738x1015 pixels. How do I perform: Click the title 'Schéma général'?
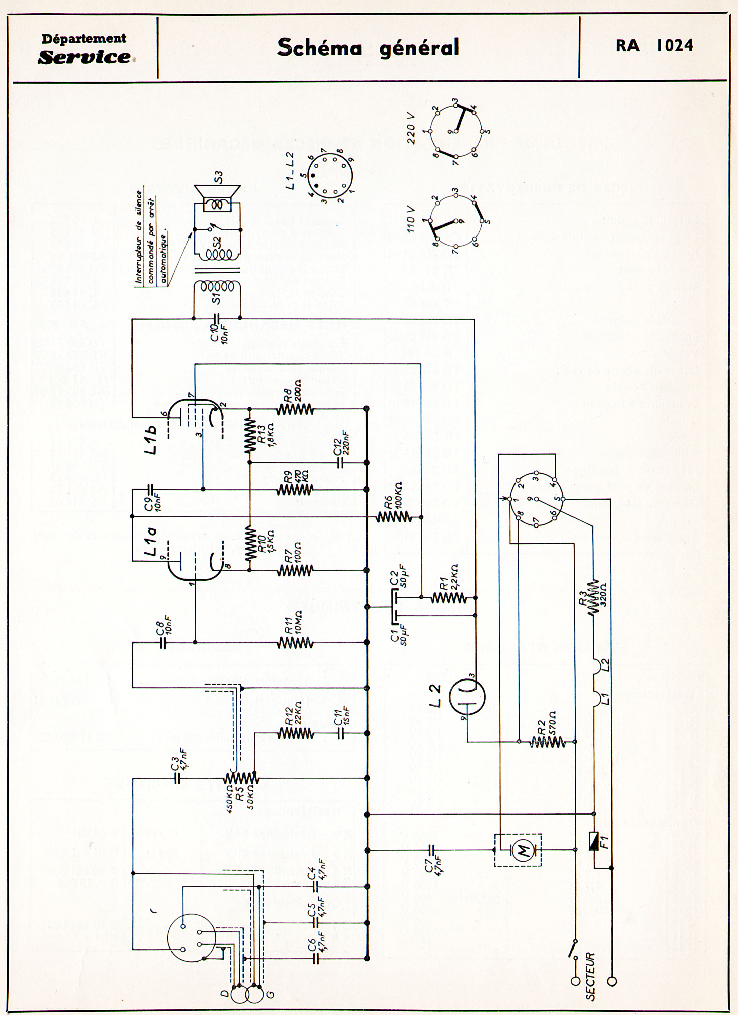pyautogui.click(x=368, y=48)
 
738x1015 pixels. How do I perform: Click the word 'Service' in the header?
pyautogui.click(x=84, y=57)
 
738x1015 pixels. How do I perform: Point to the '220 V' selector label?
pyautogui.click(x=411, y=128)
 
